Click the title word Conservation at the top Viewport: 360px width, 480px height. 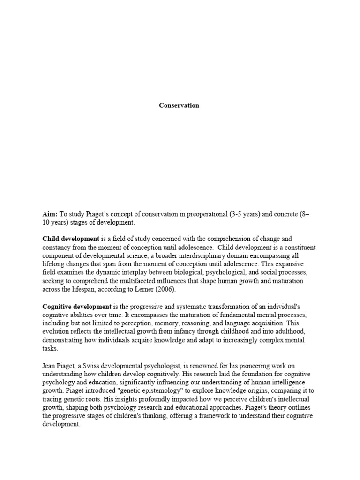pos(179,105)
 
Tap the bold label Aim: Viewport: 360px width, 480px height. pos(50,214)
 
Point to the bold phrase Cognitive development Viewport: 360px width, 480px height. pos(77,307)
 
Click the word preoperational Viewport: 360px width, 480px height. pos(205,214)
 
